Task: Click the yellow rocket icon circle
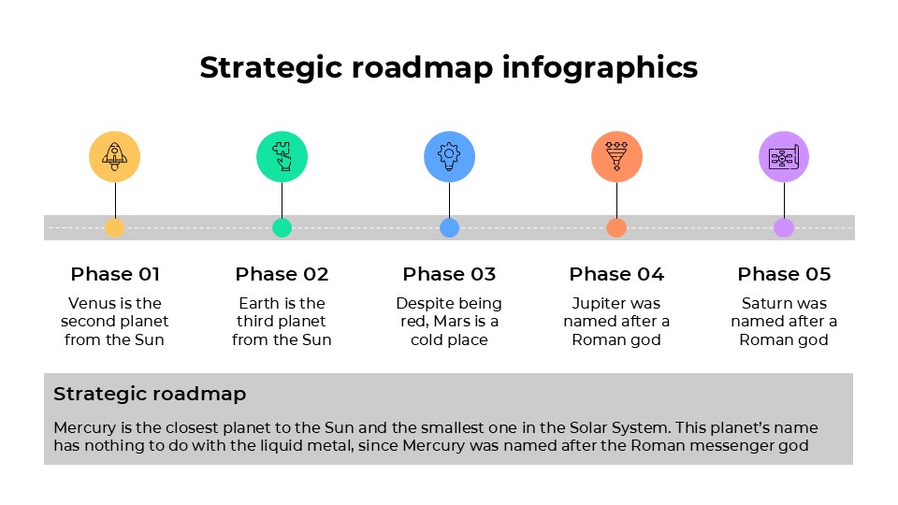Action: coord(114,156)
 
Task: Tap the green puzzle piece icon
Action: coord(282,156)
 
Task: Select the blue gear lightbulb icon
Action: coord(449,156)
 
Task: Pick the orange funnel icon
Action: coord(616,156)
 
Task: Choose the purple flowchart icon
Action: coord(784,156)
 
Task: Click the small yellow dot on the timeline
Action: coord(114,227)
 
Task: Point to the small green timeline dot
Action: coord(282,227)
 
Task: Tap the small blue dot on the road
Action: coord(449,227)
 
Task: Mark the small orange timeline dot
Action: coord(616,227)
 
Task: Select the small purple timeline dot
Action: coord(784,227)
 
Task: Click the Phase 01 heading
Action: coord(115,274)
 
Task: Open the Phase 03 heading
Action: coord(449,274)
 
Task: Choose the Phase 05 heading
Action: coord(784,274)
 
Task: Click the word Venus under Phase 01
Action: coord(89,303)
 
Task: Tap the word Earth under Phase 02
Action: coord(259,303)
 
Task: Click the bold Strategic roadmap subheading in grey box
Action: coord(150,394)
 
